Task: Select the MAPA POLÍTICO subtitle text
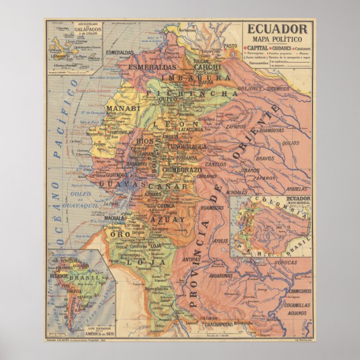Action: click(x=277, y=39)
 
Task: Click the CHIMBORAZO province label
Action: click(x=182, y=169)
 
